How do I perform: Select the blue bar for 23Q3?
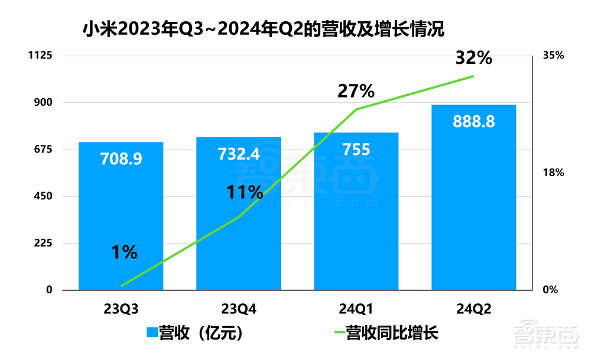click(x=121, y=225)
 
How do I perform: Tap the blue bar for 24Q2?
click(x=474, y=207)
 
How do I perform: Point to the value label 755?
click(x=356, y=150)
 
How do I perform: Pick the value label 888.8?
click(x=474, y=121)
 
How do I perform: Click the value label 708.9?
click(x=121, y=159)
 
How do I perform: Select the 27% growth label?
click(x=356, y=91)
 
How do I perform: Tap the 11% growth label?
click(x=244, y=192)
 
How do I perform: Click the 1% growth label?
click(x=124, y=252)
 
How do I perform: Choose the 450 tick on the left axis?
click(x=45, y=196)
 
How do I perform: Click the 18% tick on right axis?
click(x=553, y=173)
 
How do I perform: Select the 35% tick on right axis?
click(x=553, y=56)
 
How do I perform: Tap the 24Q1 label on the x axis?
click(x=356, y=309)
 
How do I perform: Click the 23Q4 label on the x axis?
click(x=239, y=309)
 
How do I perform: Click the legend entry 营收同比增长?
click(x=384, y=333)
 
